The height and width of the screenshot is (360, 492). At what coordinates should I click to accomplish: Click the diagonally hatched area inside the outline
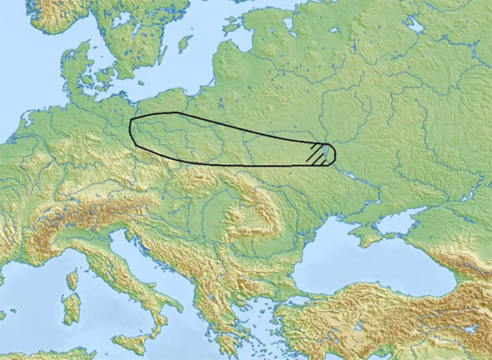(317, 153)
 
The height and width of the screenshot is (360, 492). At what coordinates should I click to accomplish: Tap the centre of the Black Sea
(366, 271)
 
